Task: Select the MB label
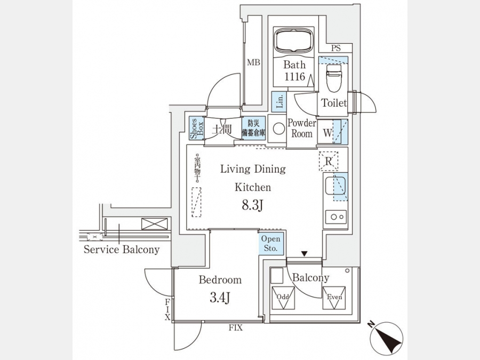[253, 63]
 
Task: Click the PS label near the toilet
[335, 49]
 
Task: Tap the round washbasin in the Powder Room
[278, 129]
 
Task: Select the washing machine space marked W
[326, 132]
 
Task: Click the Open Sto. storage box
[270, 244]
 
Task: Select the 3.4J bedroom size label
[220, 297]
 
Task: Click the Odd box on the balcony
[283, 298]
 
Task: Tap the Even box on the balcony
[334, 298]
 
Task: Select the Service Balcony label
[121, 249]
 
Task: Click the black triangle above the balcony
[304, 253]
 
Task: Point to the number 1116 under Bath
[294, 77]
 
